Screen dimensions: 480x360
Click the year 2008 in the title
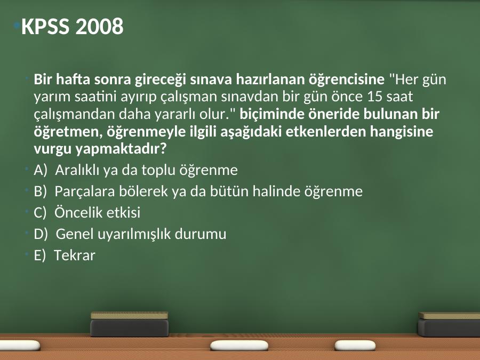99,26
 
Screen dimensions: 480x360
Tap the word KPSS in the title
45,26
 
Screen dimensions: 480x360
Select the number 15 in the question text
374,97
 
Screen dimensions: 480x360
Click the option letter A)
41,170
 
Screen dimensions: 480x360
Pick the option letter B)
41,191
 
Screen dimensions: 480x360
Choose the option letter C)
40,212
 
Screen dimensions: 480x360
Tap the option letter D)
41,234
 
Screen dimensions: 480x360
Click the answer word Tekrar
75,255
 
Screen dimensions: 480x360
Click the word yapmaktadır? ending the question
121,149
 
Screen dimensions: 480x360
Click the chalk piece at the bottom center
239,345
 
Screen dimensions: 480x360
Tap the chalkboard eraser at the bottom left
130,324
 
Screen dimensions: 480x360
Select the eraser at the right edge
449,324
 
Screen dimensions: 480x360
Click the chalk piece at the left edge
20,345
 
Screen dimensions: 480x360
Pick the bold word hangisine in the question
402,132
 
